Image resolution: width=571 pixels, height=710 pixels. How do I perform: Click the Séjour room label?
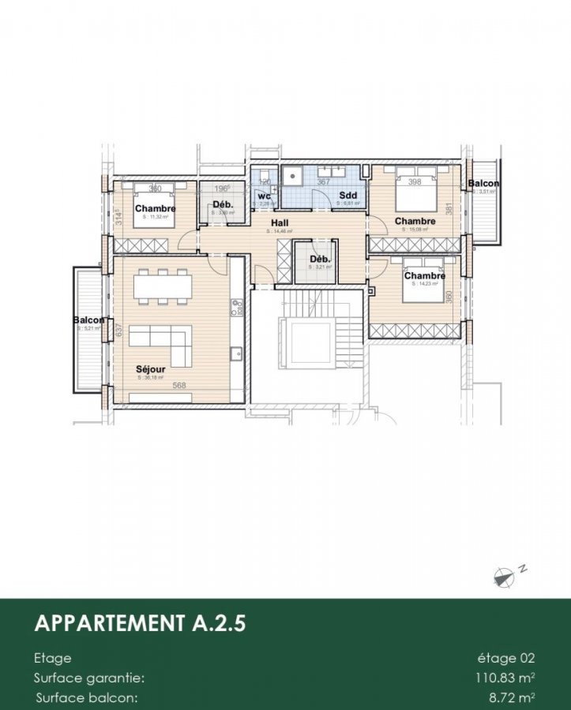click(150, 369)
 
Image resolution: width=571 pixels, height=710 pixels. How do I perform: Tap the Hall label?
click(280, 223)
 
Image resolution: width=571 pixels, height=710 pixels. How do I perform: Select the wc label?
click(264, 196)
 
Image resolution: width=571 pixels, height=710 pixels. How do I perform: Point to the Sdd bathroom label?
click(347, 195)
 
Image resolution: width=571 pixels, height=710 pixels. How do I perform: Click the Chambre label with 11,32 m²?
click(155, 208)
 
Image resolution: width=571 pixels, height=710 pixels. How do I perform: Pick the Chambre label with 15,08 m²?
click(415, 222)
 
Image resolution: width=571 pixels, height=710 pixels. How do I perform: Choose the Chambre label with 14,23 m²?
click(424, 276)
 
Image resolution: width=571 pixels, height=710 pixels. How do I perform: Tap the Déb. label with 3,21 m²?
click(319, 260)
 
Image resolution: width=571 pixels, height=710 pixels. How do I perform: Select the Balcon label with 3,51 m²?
click(483, 184)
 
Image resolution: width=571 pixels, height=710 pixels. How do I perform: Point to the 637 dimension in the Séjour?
click(119, 331)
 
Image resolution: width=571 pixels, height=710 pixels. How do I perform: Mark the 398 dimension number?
click(415, 182)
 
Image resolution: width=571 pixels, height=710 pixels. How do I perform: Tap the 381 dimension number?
click(449, 209)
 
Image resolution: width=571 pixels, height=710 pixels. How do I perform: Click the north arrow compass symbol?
click(504, 577)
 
